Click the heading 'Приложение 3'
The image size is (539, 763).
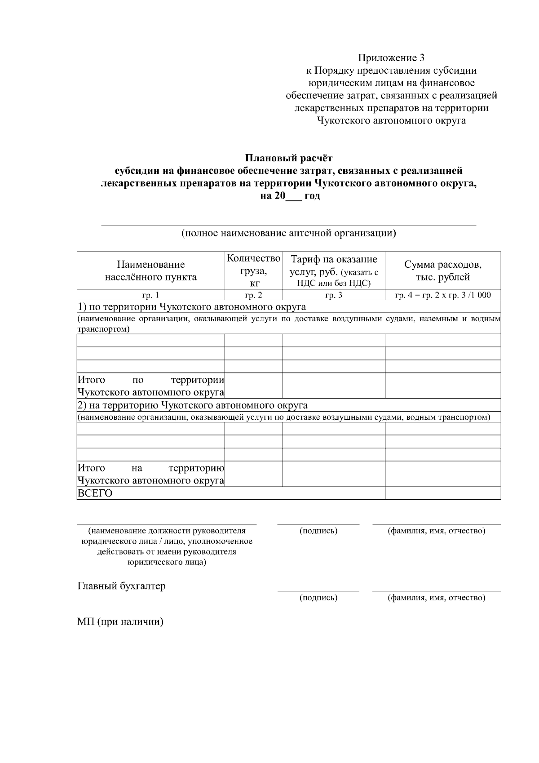click(391, 58)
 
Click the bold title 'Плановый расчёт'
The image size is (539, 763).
click(288, 158)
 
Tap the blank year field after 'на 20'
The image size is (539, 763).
click(294, 197)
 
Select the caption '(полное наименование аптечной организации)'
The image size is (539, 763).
click(288, 233)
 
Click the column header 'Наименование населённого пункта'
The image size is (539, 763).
click(151, 271)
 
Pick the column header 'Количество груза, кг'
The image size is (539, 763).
click(254, 271)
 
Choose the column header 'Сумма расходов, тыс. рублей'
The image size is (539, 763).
click(443, 271)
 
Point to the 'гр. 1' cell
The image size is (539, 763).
click(151, 295)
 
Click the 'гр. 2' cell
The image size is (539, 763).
click(254, 295)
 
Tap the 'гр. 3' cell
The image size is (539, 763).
click(334, 295)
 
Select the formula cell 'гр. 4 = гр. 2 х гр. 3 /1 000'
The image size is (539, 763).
click(443, 295)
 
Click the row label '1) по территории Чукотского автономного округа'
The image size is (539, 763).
click(192, 307)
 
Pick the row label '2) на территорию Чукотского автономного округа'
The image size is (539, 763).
click(193, 405)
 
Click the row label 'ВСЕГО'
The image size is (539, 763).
click(95, 493)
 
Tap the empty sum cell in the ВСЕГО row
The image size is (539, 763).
click(443, 493)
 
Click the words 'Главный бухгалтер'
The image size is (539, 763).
click(122, 586)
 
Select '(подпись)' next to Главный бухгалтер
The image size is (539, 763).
click(318, 598)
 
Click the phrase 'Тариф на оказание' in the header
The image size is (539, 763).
click(334, 260)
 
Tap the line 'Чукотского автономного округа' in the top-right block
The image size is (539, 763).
click(391, 120)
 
